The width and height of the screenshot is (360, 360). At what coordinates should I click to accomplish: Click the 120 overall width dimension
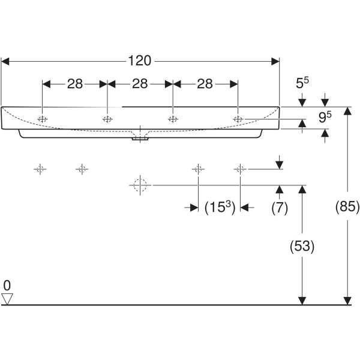click(x=139, y=61)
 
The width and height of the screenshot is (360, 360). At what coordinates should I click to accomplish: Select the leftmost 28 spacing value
click(x=74, y=84)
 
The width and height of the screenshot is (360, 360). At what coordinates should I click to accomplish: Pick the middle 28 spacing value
click(x=140, y=84)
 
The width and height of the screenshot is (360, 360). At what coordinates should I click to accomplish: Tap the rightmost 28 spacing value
click(x=205, y=84)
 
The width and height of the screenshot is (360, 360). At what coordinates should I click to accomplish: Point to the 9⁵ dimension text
click(x=325, y=118)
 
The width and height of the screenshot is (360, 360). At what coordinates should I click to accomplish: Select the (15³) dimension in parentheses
click(x=219, y=208)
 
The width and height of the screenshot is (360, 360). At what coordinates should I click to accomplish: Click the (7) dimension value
click(x=280, y=208)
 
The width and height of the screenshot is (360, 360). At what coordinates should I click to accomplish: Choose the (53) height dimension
click(x=302, y=246)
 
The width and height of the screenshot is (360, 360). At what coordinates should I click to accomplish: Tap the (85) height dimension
click(x=347, y=208)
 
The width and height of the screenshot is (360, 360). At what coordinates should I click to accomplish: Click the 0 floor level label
click(x=7, y=284)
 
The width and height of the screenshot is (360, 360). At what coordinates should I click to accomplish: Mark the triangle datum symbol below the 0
click(x=7, y=298)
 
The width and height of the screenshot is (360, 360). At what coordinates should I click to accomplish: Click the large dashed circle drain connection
click(x=140, y=186)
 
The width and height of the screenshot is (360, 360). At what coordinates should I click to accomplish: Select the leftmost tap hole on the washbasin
click(x=42, y=119)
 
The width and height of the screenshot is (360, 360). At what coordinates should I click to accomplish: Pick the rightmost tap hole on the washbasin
click(x=238, y=119)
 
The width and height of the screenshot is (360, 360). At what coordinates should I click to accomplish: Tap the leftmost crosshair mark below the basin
click(x=40, y=169)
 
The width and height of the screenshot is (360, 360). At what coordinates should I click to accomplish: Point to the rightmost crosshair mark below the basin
click(x=240, y=169)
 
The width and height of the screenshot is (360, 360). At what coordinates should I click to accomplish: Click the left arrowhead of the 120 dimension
click(x=5, y=61)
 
